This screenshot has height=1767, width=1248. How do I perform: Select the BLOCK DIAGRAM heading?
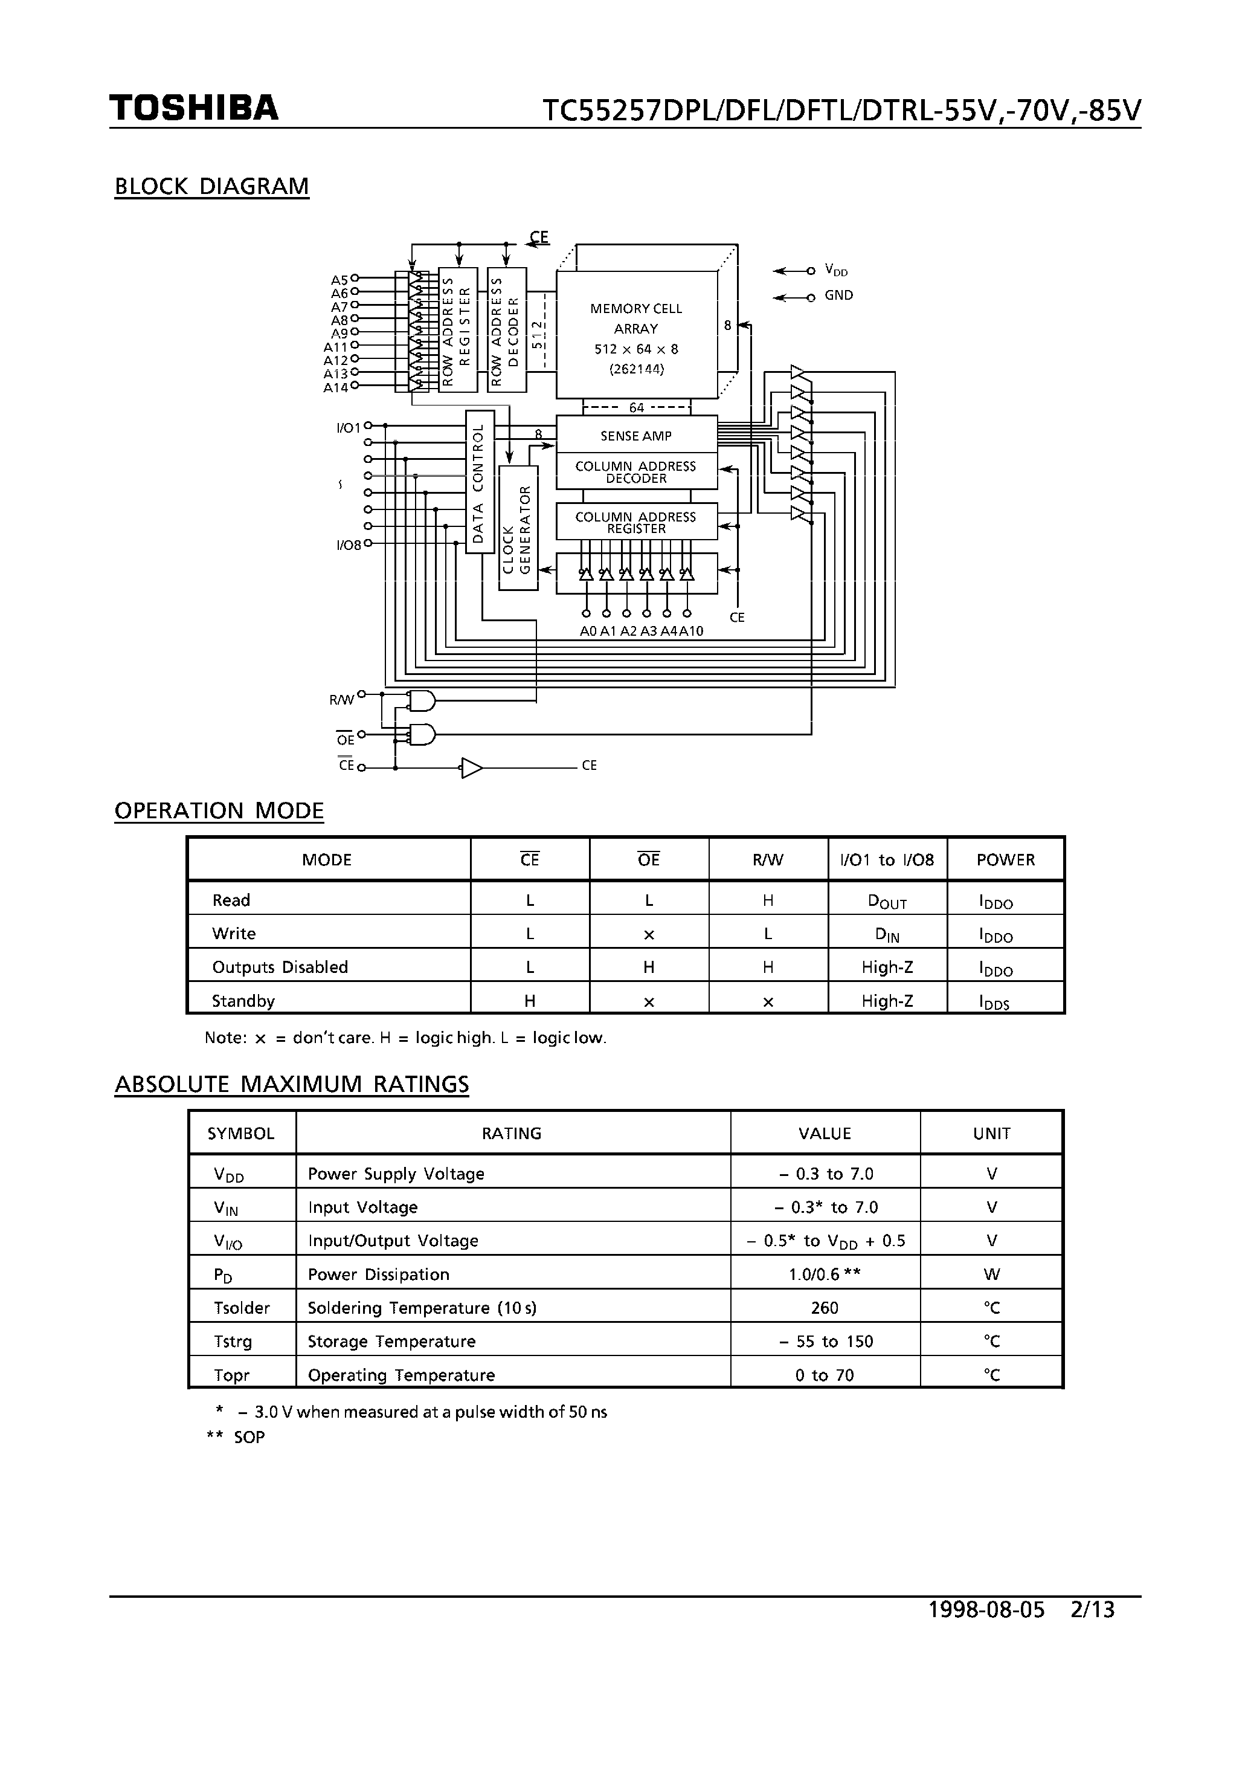point(211,186)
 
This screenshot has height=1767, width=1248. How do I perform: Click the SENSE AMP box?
point(636,436)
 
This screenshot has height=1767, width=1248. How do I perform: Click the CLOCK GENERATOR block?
point(518,529)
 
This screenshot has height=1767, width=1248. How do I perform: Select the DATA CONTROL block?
point(478,482)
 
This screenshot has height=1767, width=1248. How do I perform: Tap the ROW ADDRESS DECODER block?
point(506,329)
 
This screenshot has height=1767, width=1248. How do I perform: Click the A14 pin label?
point(335,388)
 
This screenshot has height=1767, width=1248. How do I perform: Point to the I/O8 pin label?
point(349,546)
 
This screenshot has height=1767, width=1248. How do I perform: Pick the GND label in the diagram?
point(838,296)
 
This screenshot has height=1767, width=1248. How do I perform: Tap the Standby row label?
point(243,1001)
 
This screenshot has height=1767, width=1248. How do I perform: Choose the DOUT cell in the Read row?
point(887,901)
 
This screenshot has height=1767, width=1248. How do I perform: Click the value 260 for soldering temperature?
point(824,1308)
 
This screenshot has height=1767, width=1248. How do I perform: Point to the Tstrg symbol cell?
point(233,1342)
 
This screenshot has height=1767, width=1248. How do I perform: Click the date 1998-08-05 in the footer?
point(986,1609)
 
